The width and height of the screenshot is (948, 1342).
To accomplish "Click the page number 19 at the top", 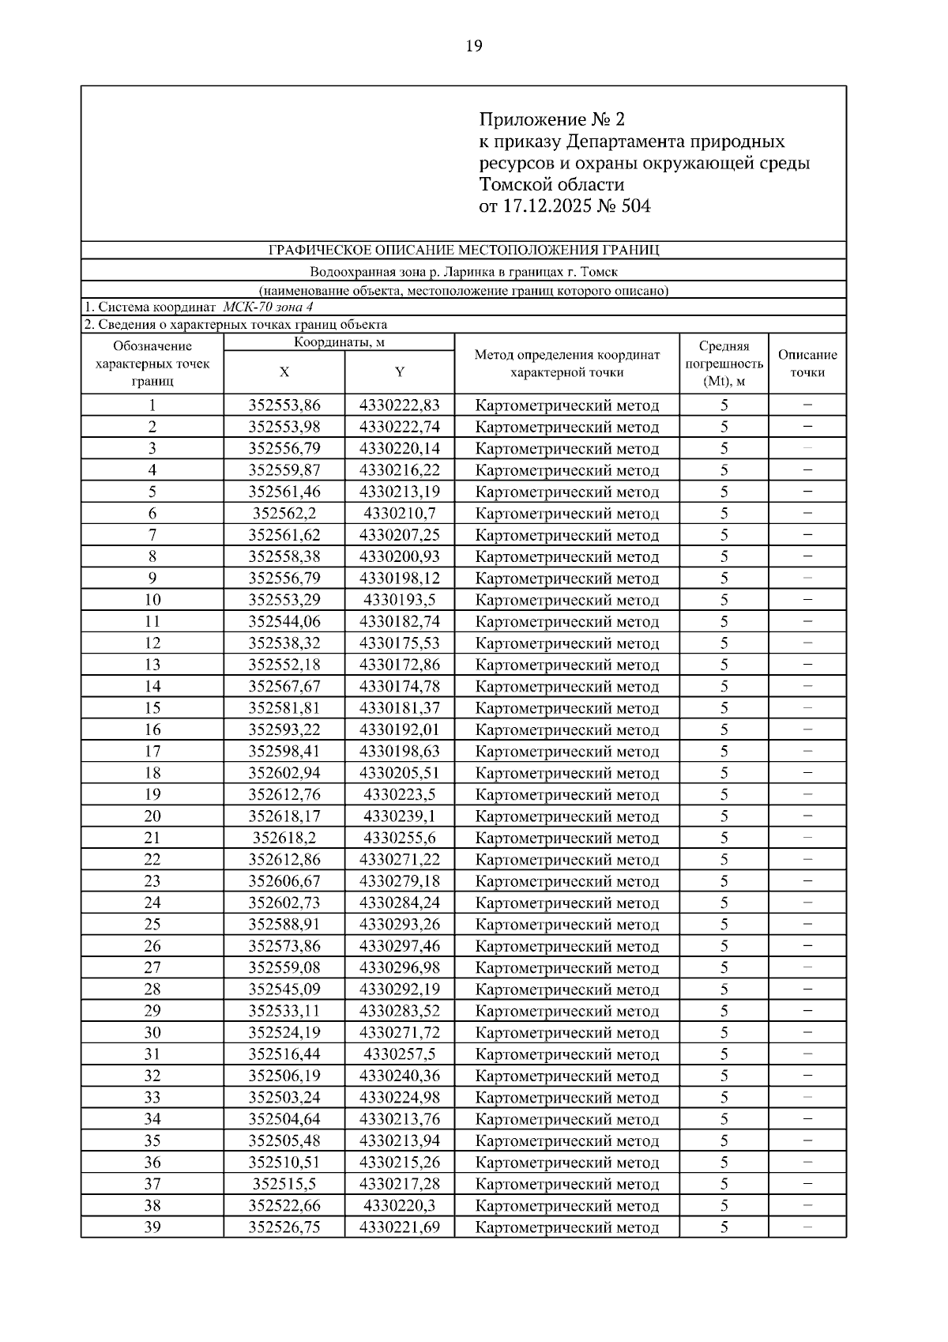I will [473, 46].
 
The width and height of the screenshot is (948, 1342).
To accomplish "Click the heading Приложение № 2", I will [551, 119].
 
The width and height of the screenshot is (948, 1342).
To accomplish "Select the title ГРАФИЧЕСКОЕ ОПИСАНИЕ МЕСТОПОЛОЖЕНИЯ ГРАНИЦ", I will [464, 251].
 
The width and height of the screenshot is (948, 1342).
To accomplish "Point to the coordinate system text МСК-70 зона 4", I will [268, 307].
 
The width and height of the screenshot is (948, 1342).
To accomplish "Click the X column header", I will [284, 372].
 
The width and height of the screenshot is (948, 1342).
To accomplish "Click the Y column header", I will [400, 372].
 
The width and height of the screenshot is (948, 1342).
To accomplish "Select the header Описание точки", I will [807, 364].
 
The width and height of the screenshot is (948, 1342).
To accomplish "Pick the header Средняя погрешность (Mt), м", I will [724, 364].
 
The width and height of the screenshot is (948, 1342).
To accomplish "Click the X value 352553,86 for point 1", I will [284, 405].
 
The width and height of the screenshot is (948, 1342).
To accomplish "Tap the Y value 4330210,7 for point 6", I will [400, 514].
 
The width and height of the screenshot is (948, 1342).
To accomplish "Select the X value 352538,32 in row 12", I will [284, 643].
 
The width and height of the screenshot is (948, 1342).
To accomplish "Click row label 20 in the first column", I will [152, 816].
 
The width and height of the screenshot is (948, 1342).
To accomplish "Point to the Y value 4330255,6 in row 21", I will [400, 838].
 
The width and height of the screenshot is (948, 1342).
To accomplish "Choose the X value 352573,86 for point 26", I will [284, 946].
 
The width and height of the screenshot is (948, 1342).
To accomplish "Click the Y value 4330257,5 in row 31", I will [400, 1054].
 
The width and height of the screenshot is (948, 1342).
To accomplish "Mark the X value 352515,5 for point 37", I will [284, 1184].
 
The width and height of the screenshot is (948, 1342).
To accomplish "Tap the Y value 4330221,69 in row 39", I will [400, 1227].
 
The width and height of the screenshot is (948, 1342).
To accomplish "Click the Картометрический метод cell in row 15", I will [567, 708].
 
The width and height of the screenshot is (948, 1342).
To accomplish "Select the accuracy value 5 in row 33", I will [724, 1098].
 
